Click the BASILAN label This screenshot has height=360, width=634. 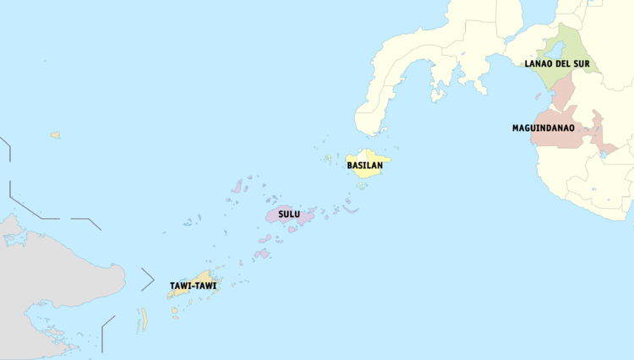point(365,166)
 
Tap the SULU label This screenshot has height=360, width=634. point(289,215)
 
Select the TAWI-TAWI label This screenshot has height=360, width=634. point(192,286)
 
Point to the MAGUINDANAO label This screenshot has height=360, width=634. point(543,128)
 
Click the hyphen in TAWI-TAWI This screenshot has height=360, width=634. point(192,286)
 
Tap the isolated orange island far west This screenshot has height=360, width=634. point(55,134)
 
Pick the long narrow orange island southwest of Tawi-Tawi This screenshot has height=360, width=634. point(144,319)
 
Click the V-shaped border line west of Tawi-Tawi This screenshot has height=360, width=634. point(149,278)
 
